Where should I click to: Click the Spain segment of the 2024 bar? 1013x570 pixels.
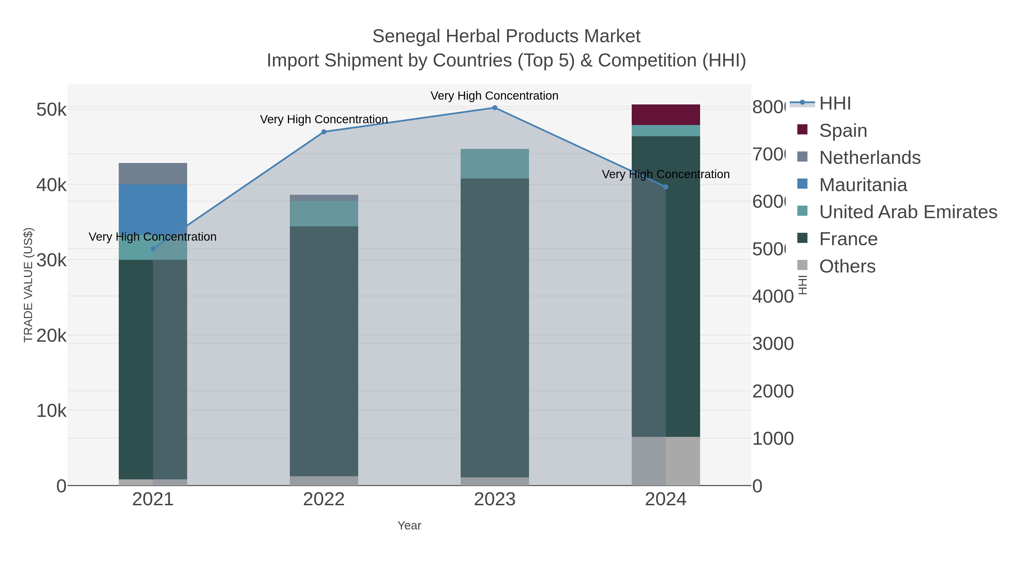pos(665,115)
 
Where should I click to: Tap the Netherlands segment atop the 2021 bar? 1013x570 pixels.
pos(153,173)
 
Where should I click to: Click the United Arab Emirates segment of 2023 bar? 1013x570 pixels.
pos(494,163)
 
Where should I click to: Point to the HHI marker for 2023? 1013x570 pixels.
pos(495,108)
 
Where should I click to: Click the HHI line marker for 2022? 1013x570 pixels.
pos(324,132)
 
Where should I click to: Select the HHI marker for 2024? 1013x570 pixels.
pos(665,187)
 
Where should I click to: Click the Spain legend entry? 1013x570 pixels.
pos(843,130)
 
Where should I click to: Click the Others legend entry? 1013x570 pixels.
pos(847,266)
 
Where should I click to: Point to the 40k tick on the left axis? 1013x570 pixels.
pos(51,185)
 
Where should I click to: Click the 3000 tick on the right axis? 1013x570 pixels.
pos(773,344)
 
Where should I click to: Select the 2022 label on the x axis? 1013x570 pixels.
pos(324,499)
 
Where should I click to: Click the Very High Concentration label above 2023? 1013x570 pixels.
pos(494,96)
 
